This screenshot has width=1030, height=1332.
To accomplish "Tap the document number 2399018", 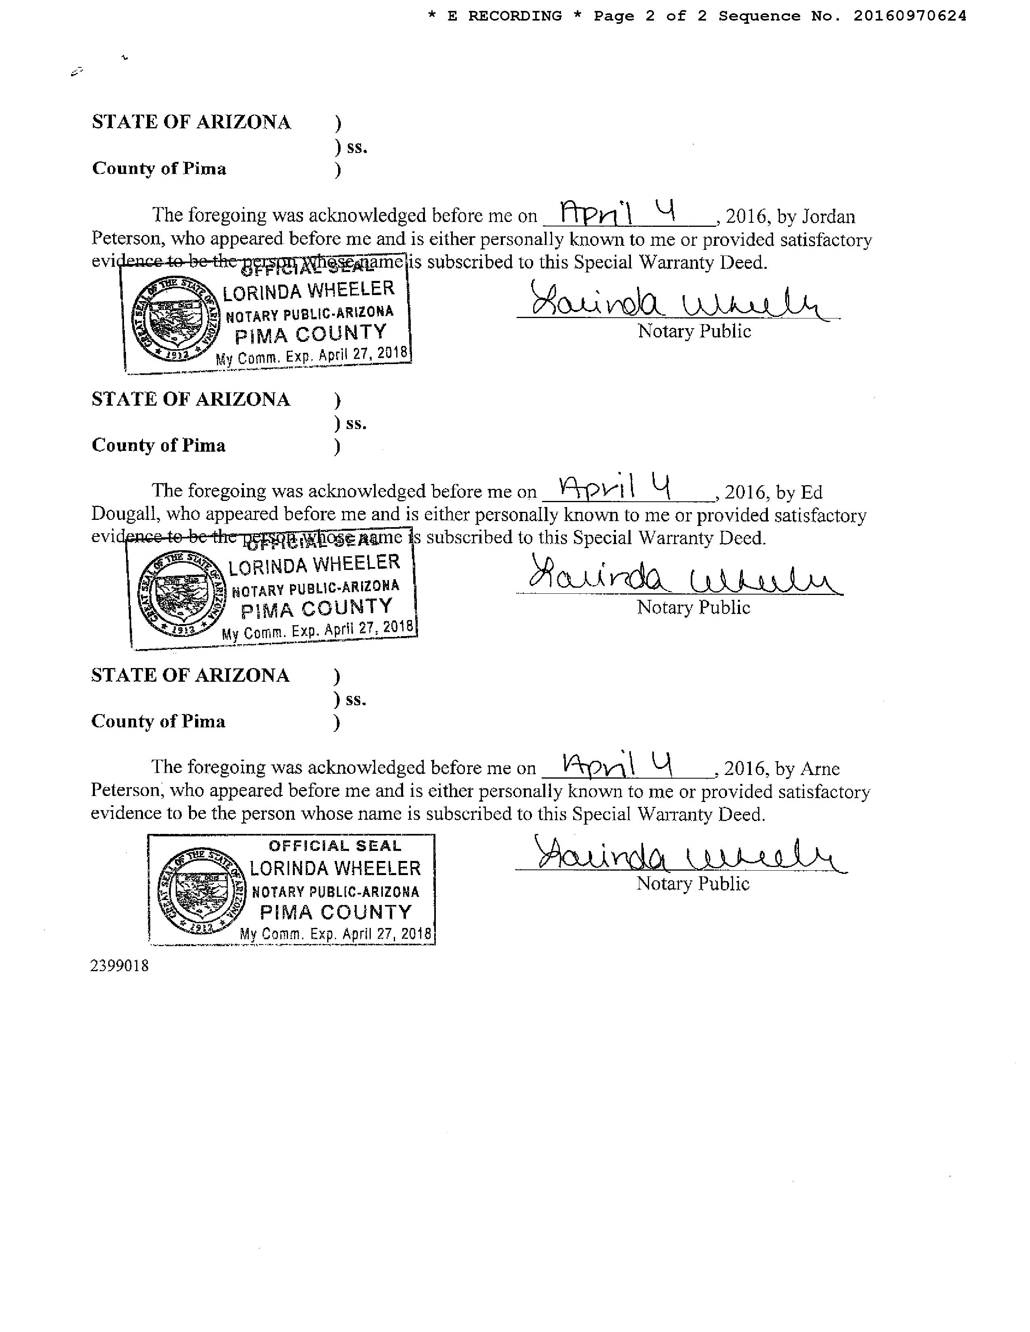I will (x=120, y=965).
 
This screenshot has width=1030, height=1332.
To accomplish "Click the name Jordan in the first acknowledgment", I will (x=828, y=216).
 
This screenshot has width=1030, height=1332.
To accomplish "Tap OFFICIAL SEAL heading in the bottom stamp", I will (x=335, y=846).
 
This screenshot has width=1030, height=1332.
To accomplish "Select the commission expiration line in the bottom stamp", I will (x=336, y=934).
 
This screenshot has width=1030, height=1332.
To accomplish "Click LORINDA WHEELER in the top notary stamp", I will (x=308, y=291).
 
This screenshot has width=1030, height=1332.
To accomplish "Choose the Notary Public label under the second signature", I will (x=693, y=607).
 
